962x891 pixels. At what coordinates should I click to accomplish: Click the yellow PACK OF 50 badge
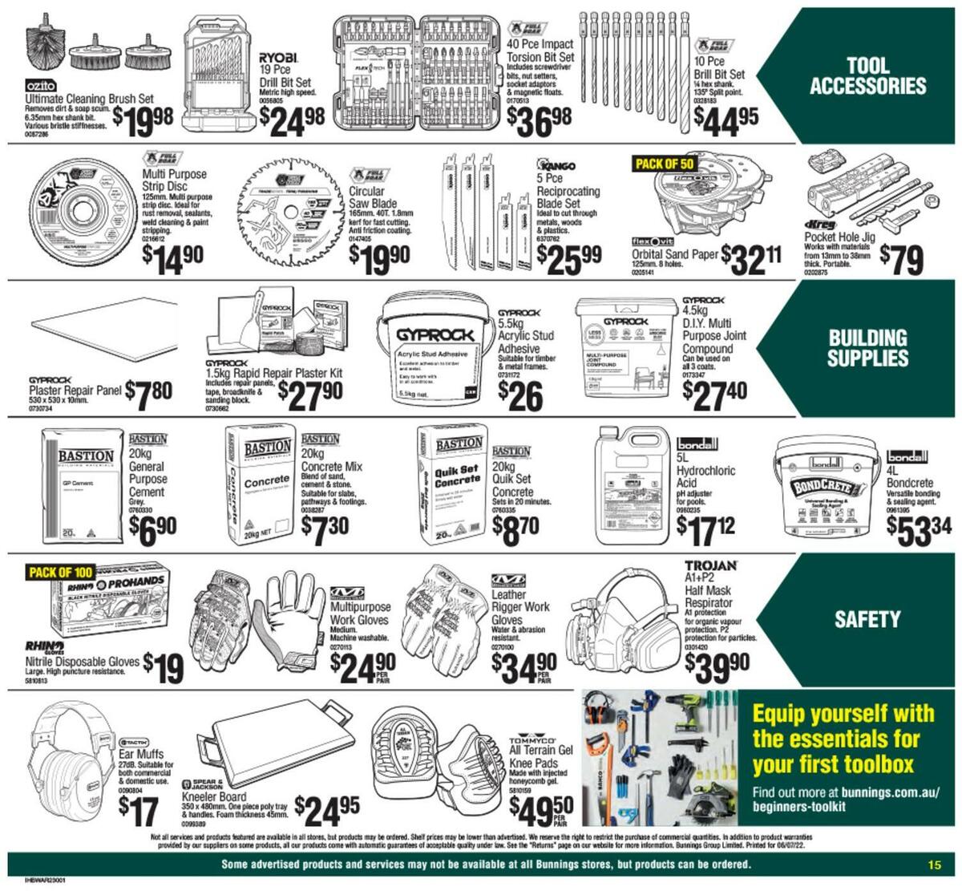click(x=664, y=164)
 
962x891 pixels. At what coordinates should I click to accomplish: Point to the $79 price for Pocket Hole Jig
click(x=901, y=259)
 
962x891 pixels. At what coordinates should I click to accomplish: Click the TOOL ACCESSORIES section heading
click(x=867, y=76)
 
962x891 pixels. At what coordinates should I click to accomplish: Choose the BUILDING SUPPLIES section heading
click(x=867, y=348)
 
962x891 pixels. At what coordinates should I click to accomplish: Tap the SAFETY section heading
click(x=867, y=619)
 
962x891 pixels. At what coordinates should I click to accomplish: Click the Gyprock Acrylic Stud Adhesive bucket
click(x=432, y=351)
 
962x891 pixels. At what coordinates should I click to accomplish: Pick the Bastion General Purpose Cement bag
click(x=84, y=484)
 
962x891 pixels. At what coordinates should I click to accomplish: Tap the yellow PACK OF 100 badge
click(x=62, y=573)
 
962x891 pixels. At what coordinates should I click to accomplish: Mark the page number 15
click(x=934, y=865)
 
